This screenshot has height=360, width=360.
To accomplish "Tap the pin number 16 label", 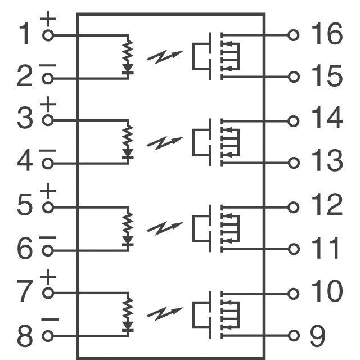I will (326, 35).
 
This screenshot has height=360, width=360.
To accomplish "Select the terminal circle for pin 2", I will (48, 78).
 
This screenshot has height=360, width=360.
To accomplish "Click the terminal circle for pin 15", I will (292, 77).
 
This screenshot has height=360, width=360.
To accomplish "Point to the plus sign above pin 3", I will (48, 105).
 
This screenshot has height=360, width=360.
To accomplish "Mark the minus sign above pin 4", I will (48, 150).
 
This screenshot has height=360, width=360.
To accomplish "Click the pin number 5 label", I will (24, 206).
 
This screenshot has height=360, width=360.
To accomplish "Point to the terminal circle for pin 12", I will (292, 206).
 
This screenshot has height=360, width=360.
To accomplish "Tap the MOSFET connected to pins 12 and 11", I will (217, 227).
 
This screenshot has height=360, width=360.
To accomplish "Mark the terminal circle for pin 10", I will (292, 293).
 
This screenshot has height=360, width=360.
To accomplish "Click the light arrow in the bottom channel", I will (165, 314).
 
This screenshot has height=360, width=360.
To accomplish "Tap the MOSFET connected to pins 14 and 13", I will (217, 141).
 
